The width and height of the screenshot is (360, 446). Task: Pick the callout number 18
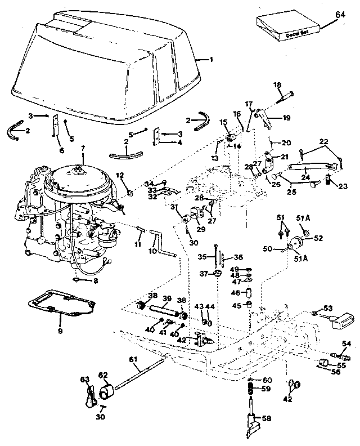(x=277, y=84)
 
